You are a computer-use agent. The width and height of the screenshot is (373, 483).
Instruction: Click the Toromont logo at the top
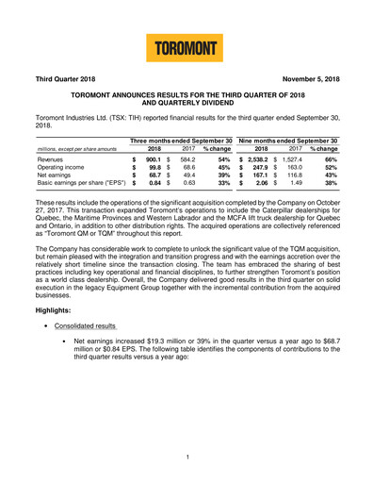tap(186, 46)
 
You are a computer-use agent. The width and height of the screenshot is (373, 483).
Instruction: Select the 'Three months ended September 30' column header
tap(182, 141)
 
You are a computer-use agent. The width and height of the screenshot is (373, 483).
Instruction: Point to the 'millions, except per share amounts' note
tap(72, 150)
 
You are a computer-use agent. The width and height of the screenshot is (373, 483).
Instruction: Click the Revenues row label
tap(53, 161)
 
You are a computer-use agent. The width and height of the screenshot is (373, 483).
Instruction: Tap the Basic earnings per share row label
tap(78, 190)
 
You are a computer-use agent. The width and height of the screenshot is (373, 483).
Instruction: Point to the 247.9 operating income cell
tap(265, 171)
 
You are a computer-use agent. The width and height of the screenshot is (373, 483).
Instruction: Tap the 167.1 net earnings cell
tap(265, 180)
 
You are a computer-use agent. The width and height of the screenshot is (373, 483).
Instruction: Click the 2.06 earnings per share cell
tap(267, 190)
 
